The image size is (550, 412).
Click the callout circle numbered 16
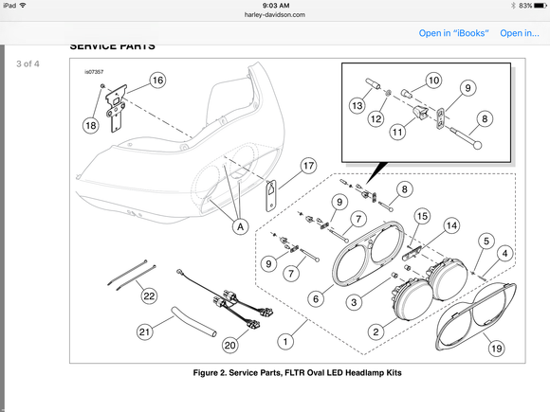coord(157,81)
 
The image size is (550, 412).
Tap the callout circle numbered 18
coord(91,125)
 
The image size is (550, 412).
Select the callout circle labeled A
coord(240,226)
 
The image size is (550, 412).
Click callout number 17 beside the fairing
coord(309,166)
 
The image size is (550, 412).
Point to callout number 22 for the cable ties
coord(149,296)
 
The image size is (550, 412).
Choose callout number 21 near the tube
coord(145,331)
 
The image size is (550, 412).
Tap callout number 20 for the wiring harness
coord(230,346)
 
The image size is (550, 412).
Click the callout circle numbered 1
coord(285,342)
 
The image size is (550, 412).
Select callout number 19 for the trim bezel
coord(496,349)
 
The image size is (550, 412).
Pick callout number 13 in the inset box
coord(357,105)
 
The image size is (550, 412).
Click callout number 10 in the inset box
coord(434,81)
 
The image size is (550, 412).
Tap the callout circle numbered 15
coord(422,216)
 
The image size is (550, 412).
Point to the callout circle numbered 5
coord(486,241)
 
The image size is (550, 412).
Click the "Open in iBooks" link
coord(454,33)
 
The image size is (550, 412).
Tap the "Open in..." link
coord(520,33)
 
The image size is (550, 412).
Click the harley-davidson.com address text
coord(275,15)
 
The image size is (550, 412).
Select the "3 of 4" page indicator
coord(27,63)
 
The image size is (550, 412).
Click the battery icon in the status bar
coord(541,6)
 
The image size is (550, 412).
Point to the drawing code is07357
coord(94,72)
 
